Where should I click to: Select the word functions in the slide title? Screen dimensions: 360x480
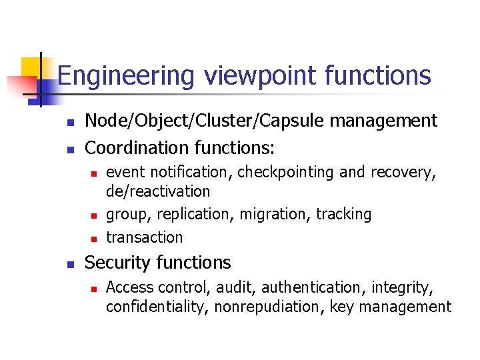(x=378, y=76)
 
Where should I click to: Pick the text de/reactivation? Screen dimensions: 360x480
(x=158, y=191)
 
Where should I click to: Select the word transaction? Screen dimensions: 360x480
(x=144, y=237)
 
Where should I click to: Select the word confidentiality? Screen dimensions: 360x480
(x=157, y=307)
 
